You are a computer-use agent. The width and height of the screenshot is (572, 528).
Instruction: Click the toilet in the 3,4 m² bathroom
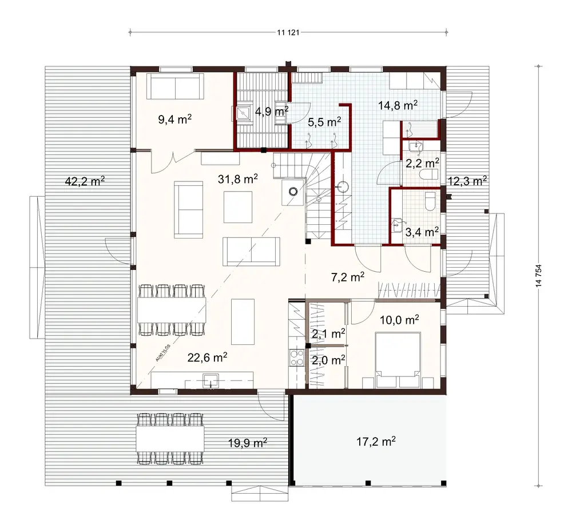click(x=430, y=201)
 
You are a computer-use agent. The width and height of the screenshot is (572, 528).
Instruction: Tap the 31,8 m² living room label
click(x=237, y=178)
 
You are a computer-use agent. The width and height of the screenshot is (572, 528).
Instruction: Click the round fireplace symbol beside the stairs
click(x=294, y=192)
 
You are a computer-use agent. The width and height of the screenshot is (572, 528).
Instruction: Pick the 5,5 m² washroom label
click(x=324, y=122)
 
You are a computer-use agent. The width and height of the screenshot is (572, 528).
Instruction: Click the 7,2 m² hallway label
click(x=348, y=277)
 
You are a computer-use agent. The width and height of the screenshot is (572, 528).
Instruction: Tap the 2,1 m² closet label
click(x=328, y=333)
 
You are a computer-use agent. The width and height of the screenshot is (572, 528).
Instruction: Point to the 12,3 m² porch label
click(x=467, y=181)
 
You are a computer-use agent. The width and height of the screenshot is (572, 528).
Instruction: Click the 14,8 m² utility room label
click(x=398, y=105)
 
